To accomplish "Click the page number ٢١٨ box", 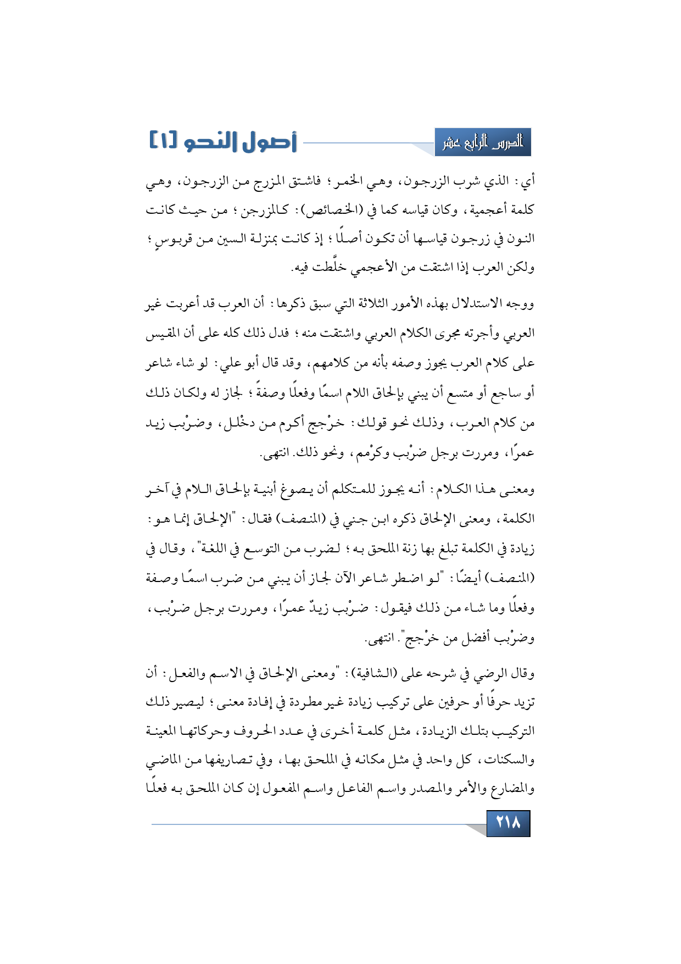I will point(508,823).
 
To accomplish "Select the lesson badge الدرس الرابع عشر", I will point(483,142).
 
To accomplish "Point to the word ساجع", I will point(507,393).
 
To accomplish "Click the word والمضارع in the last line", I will point(506,790).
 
